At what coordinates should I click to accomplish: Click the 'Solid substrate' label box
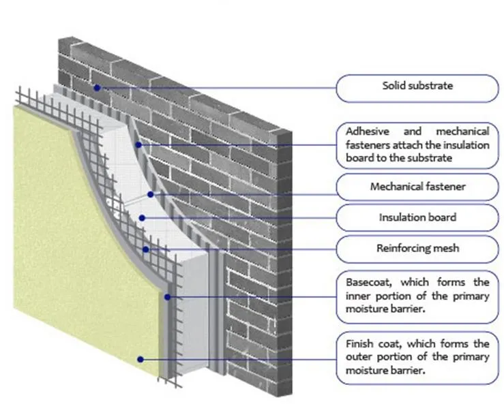tap(417, 87)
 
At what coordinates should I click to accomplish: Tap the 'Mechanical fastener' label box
tap(417, 185)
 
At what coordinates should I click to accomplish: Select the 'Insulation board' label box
tap(417, 217)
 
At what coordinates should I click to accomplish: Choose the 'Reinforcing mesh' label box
tap(417, 248)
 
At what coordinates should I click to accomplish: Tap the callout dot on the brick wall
tap(98, 87)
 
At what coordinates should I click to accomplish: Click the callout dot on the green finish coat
tap(140, 358)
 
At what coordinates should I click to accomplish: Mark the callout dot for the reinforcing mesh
tap(146, 249)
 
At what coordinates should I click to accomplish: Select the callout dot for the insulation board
tap(141, 217)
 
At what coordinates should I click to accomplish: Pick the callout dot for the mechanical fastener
tap(156, 194)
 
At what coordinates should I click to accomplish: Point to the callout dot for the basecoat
tap(168, 296)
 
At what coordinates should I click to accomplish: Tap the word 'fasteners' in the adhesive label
tap(359, 144)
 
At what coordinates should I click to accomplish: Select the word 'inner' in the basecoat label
tap(349, 294)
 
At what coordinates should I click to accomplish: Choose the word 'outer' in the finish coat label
tap(350, 357)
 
